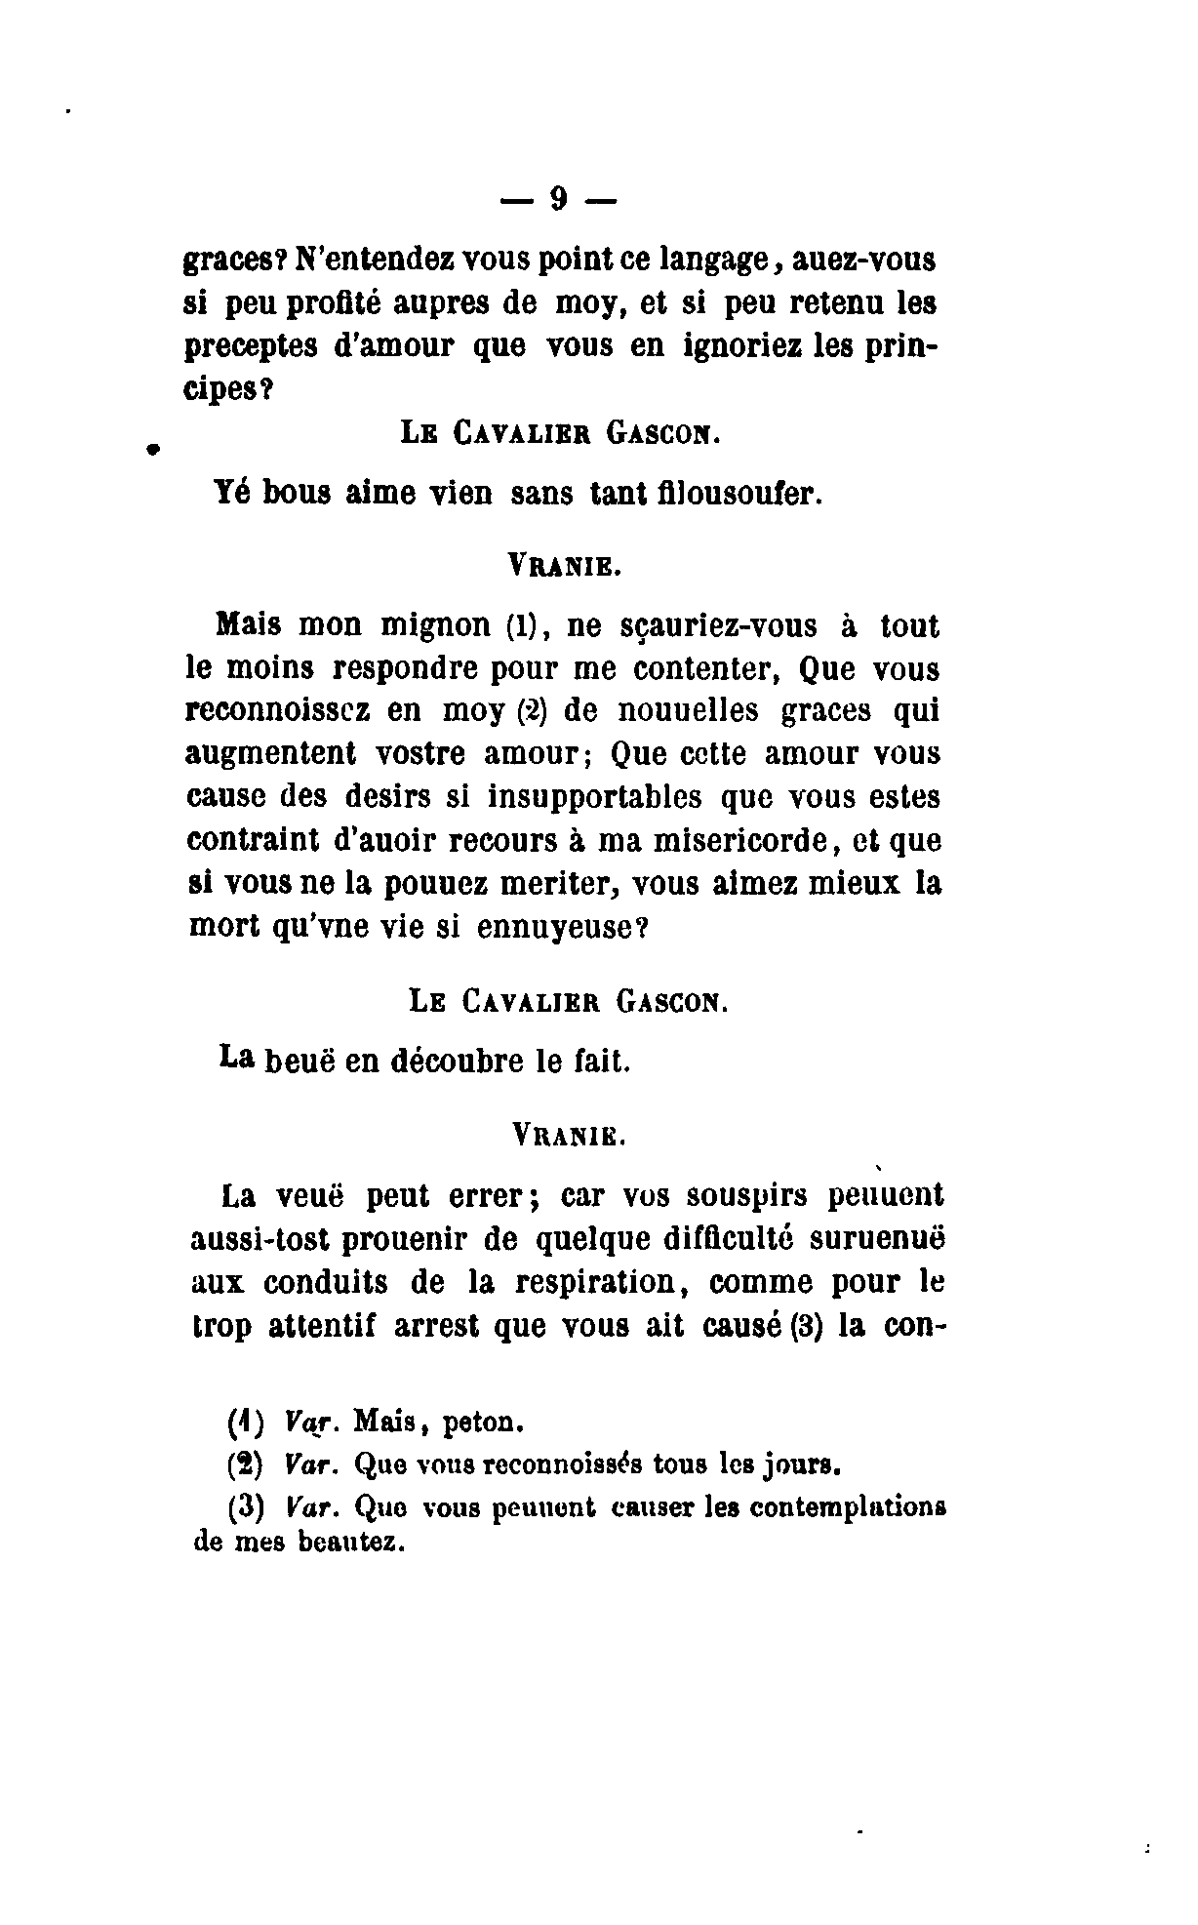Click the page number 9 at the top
tap(559, 199)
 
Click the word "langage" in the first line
tap(725, 261)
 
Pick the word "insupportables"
tap(594, 797)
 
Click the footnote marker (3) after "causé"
tap(800, 1327)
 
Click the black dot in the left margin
tap(152, 450)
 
